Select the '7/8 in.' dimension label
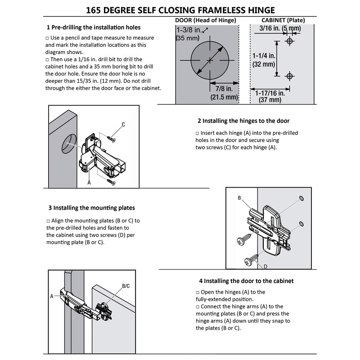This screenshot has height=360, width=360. point(224,89)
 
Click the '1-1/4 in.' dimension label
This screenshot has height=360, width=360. point(264,56)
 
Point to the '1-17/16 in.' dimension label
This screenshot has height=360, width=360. point(270,93)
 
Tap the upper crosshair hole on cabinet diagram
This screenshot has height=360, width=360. point(290,41)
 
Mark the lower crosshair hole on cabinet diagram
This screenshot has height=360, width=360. point(290,74)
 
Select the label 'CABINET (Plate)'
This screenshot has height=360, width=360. point(283,20)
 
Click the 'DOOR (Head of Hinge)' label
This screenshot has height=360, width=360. point(205,20)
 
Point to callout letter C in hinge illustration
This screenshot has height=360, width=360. point(123,124)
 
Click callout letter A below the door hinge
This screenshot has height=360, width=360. point(89,183)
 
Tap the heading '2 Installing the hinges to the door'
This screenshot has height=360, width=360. point(243,121)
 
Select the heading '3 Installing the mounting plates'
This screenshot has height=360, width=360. point(92,208)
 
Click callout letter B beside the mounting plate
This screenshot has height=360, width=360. point(239,198)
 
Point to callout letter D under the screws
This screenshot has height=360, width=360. point(266,266)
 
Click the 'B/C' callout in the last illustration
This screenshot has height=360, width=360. point(126,286)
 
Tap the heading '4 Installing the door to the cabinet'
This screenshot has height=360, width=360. point(246,281)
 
